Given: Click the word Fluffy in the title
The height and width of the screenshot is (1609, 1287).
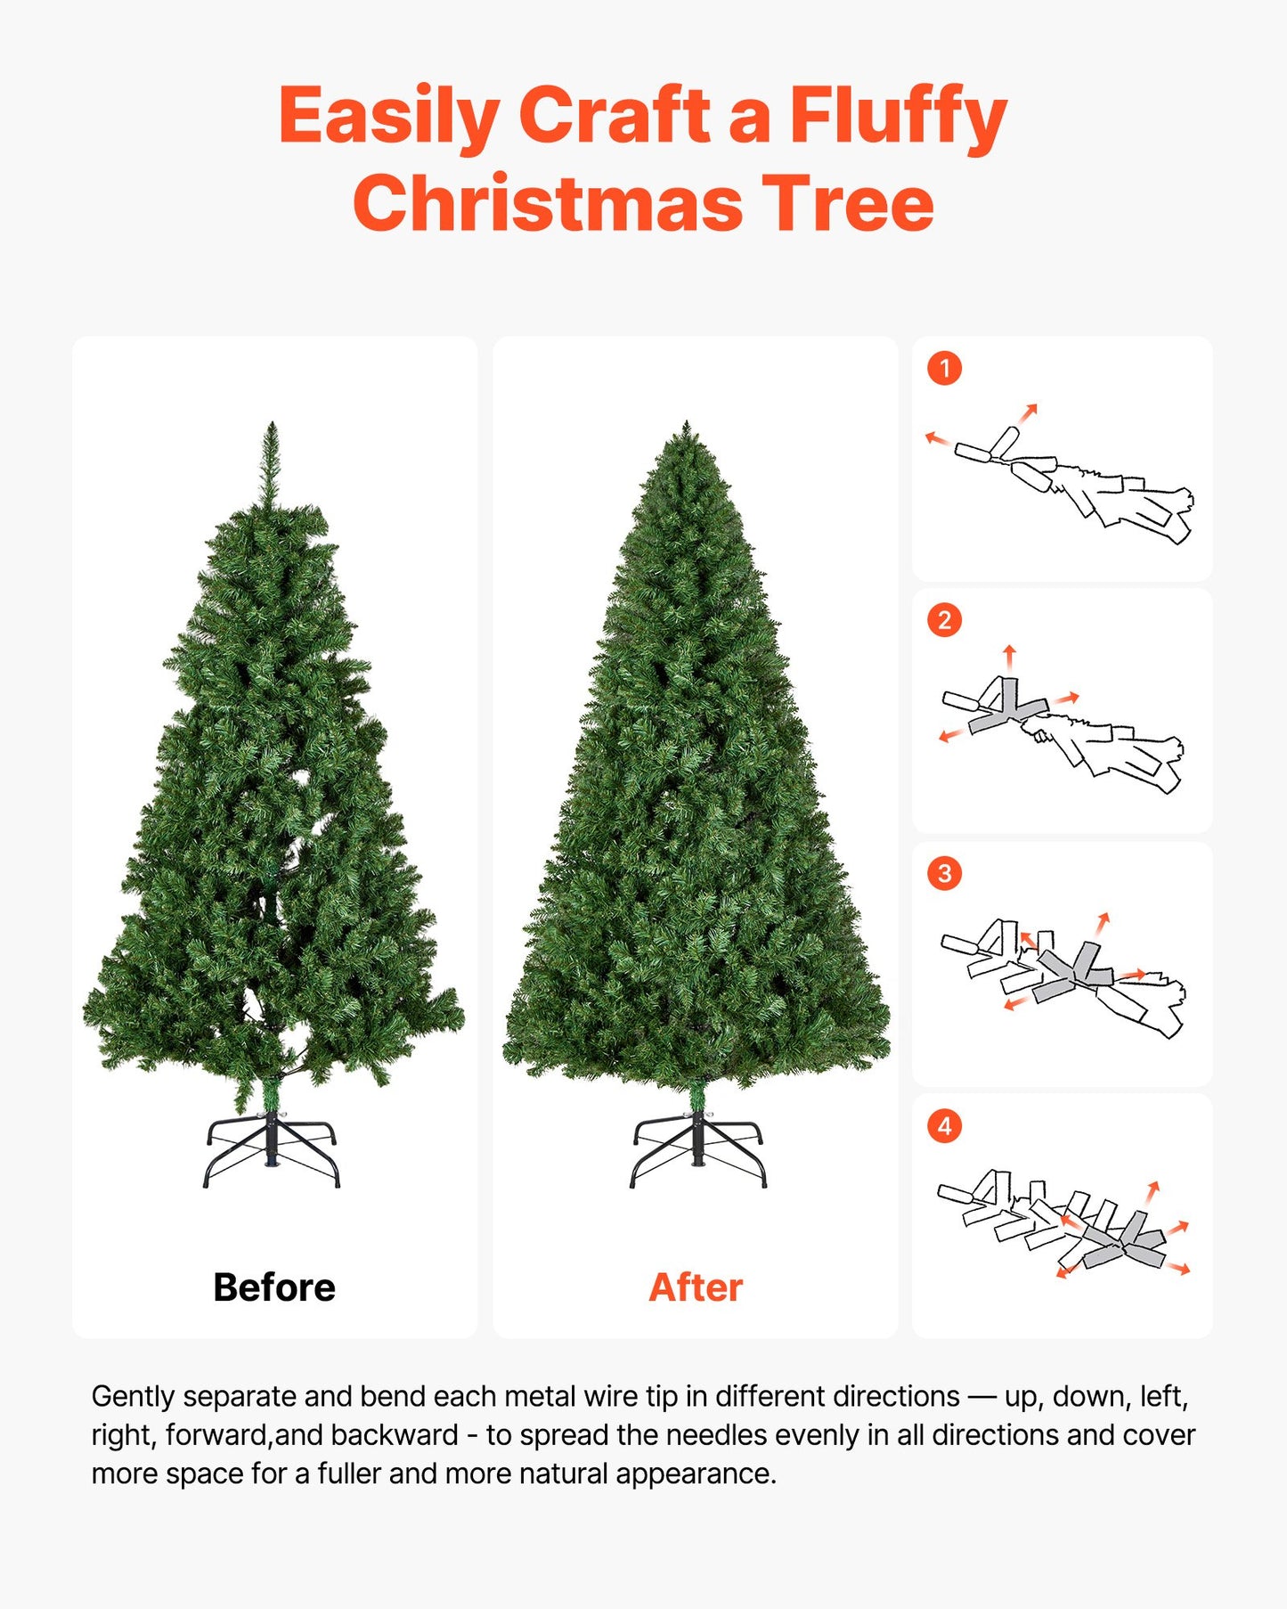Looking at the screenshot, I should point(897,116).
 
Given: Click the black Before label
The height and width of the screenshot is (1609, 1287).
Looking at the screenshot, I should point(274,1287).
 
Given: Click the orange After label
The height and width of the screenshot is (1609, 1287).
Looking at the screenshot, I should point(696,1287).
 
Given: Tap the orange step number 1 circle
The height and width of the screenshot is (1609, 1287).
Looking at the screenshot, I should point(944,368).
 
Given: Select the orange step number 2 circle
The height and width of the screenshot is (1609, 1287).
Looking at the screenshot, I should point(944,620).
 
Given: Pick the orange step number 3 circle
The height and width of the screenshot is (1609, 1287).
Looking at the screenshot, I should point(944,873).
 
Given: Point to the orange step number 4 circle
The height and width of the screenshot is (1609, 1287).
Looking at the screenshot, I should point(944,1126).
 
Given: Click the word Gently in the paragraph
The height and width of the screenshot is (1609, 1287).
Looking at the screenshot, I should point(133,1396).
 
